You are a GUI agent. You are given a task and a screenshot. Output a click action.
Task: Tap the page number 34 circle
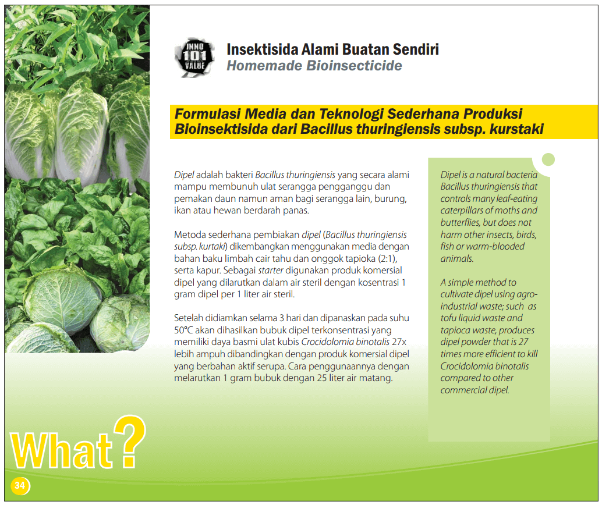20,485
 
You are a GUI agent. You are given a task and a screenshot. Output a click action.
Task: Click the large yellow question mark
130,442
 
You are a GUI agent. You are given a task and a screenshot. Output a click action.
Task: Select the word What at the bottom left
62,450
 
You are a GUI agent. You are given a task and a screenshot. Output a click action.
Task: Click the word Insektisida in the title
262,49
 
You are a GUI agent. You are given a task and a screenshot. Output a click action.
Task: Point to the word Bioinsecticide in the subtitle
354,66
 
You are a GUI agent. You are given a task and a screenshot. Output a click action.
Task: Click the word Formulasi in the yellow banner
208,114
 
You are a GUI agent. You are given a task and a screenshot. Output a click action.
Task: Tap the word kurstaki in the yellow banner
516,129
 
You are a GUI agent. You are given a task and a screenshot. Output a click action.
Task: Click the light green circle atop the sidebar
548,159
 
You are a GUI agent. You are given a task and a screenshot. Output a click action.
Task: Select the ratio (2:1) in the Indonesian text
387,258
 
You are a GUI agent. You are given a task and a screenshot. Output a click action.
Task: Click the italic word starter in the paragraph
271,270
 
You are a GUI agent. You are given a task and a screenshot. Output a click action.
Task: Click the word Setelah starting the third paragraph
188,318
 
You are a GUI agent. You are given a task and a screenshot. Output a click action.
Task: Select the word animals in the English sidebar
456,259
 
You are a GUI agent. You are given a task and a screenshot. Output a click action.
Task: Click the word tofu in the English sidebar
448,318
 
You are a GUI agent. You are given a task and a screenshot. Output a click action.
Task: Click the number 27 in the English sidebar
523,342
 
